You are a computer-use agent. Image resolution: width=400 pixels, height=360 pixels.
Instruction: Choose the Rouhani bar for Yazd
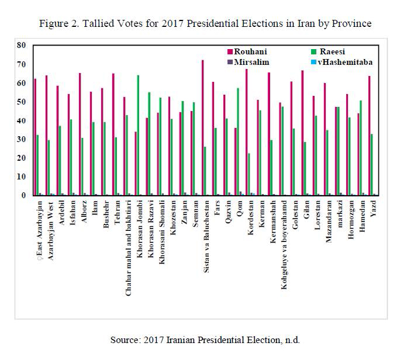click(x=370, y=136)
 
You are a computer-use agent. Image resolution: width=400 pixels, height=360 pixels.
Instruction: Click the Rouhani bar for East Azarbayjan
click(x=36, y=137)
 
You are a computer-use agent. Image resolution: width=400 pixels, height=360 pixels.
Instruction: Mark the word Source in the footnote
click(x=126, y=340)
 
